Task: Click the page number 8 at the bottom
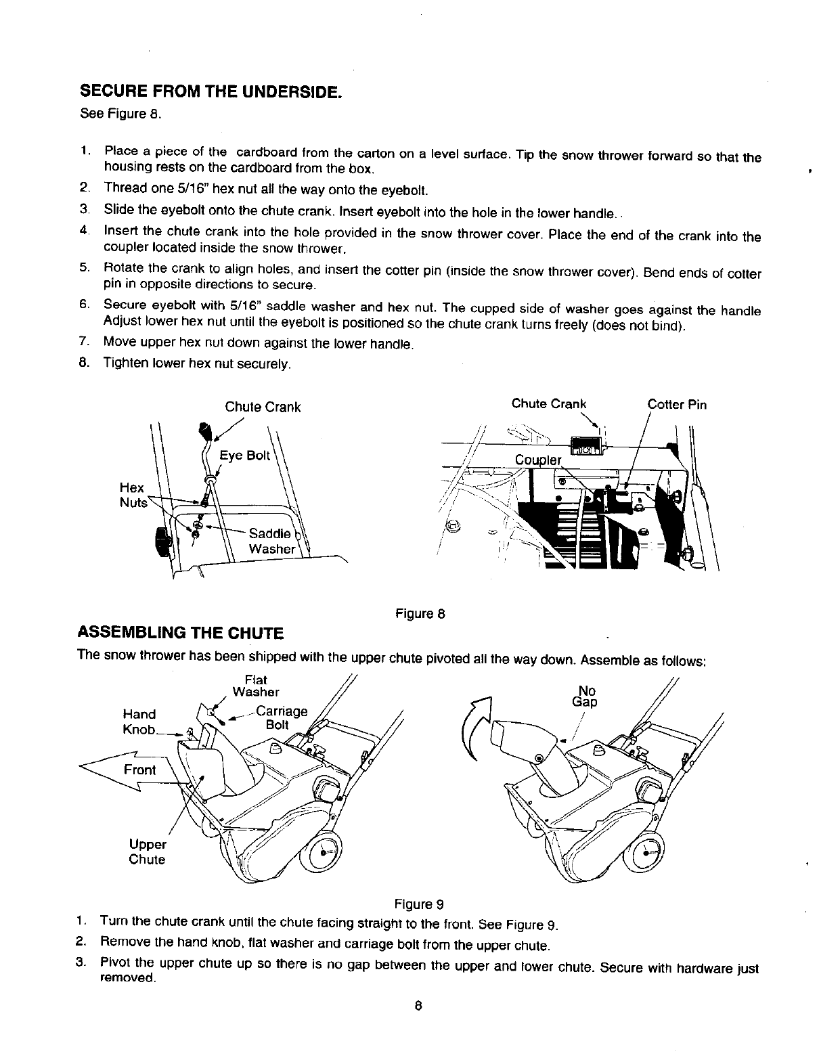coord(419,1006)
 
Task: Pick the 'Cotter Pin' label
coord(677,405)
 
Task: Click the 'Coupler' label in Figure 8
coord(538,460)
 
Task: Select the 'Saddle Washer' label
coord(271,541)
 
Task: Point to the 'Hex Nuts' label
coord(132,495)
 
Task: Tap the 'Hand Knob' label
coord(139,722)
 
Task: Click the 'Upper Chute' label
coord(147,852)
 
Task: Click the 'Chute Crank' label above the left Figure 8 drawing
coord(263,407)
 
